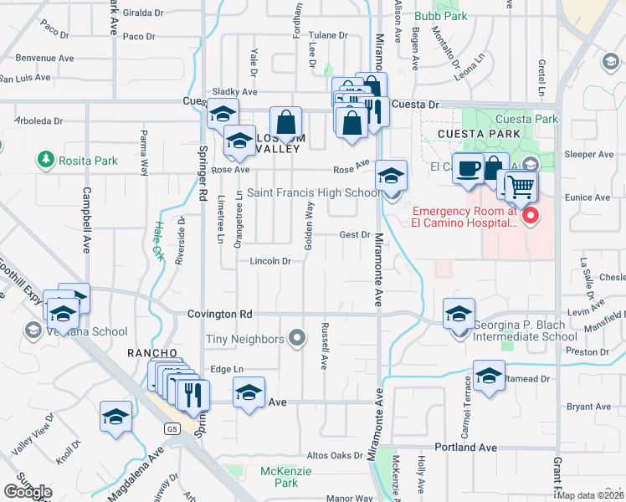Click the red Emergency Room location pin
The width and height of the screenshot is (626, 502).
(x=530, y=217)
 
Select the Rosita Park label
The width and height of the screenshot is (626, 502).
(x=87, y=160)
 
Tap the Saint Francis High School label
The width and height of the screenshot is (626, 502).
(x=314, y=193)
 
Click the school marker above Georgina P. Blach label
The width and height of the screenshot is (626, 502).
(x=459, y=315)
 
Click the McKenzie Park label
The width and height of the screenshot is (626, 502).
(x=279, y=477)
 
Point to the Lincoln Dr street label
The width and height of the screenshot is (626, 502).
(x=269, y=261)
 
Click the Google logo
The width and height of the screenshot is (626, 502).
(x=28, y=491)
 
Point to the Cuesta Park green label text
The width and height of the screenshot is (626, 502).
(x=526, y=120)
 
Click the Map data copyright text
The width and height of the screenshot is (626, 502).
(x=591, y=495)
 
